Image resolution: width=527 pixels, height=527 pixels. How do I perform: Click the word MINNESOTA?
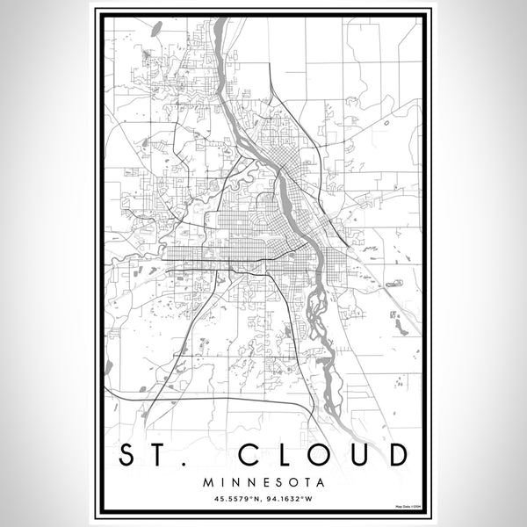263,482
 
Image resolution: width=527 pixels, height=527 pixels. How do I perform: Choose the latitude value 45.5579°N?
234,499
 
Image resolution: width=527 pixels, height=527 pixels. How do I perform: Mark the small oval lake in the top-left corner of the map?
155,28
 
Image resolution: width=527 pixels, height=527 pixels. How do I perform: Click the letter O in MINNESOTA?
291,482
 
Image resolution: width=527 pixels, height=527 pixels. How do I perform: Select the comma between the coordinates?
263,502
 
